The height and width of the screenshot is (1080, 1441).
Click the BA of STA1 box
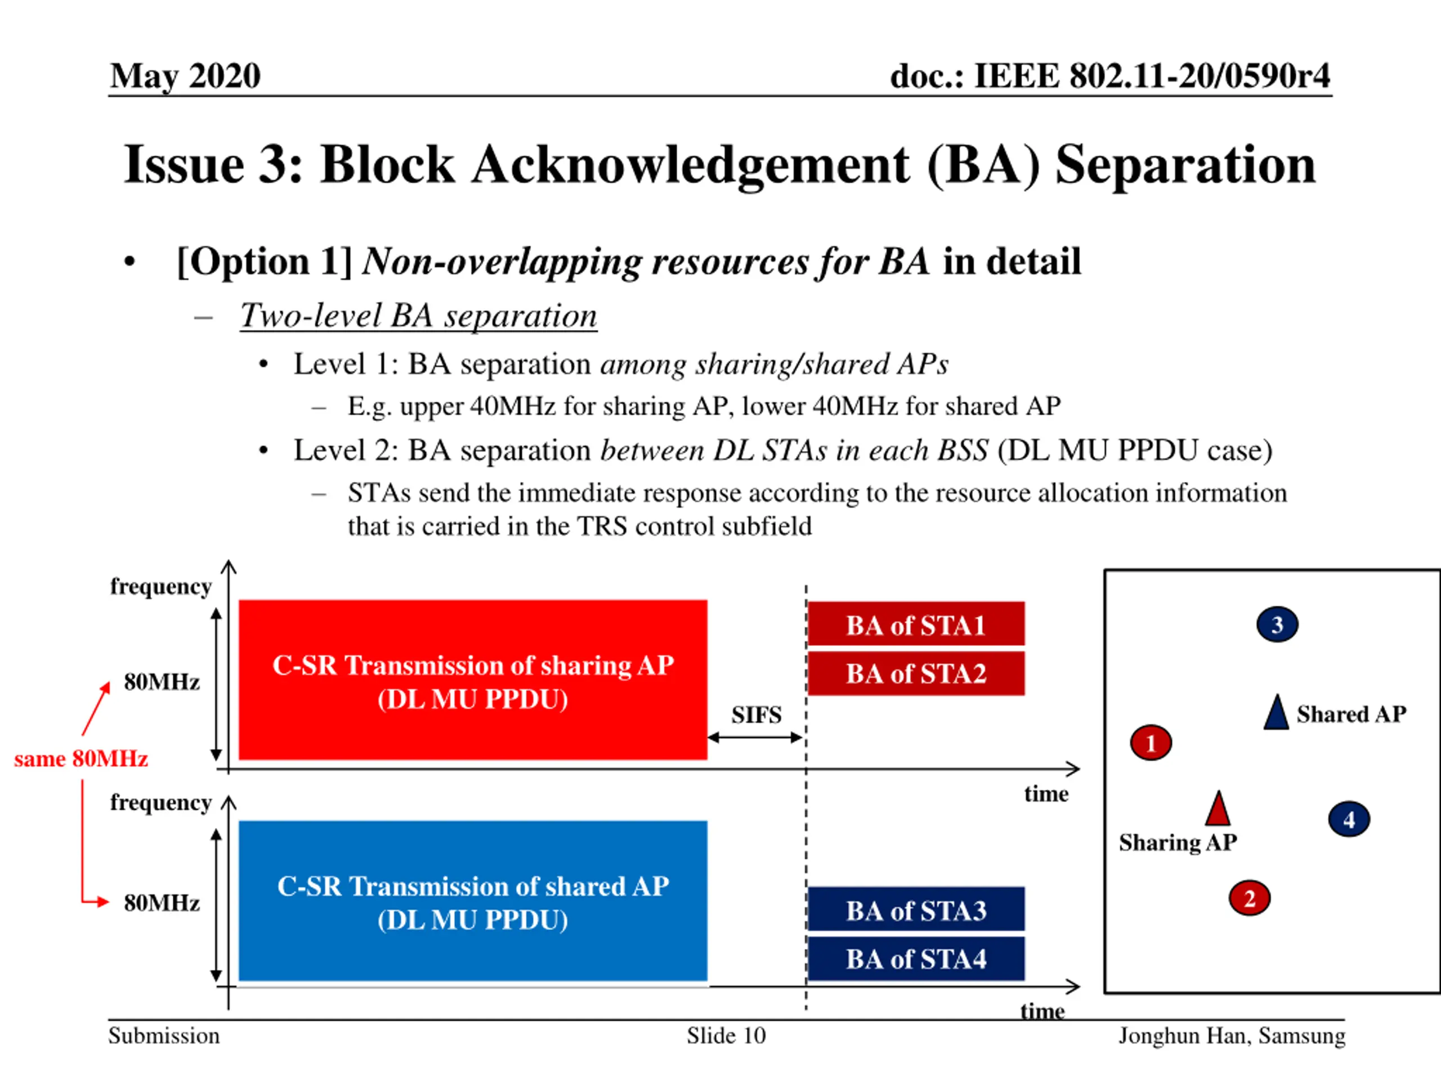point(915,624)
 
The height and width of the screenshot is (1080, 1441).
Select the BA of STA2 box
point(915,673)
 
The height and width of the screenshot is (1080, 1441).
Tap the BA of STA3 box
point(915,910)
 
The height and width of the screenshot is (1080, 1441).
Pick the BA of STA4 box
point(915,958)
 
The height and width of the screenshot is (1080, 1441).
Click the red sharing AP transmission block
point(472,680)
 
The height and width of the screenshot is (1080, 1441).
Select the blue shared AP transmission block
point(472,901)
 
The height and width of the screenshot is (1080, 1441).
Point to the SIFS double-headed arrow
point(755,737)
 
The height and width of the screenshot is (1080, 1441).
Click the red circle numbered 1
point(1151,743)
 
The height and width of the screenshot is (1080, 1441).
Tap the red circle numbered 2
point(1249,898)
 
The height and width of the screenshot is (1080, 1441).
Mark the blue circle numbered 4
point(1349,819)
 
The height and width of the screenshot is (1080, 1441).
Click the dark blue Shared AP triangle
point(1276,713)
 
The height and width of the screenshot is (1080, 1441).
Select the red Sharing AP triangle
point(1218,809)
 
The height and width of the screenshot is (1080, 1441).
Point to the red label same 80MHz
point(81,759)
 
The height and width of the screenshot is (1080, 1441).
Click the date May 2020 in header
point(185,75)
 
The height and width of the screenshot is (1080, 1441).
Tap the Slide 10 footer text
point(726,1036)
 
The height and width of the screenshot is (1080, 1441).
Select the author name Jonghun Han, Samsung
point(1231,1036)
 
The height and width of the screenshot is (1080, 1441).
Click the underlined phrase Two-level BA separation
point(418,316)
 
